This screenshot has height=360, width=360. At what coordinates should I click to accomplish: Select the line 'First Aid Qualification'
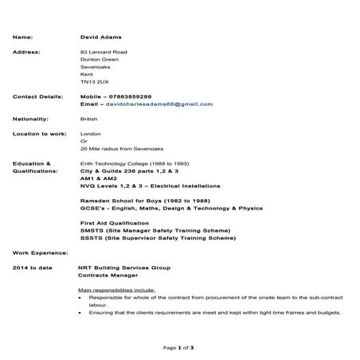click(x=115, y=222)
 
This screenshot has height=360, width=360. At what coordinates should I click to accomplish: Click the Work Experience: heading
click(x=41, y=252)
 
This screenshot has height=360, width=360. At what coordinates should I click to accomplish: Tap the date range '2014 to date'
click(x=33, y=267)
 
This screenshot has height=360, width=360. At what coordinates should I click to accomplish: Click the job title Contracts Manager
click(x=109, y=275)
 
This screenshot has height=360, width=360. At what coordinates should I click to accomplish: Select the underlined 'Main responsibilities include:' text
click(x=116, y=290)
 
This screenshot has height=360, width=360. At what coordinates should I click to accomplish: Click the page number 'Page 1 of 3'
click(x=179, y=348)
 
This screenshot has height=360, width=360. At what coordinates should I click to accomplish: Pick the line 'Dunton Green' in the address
click(x=99, y=60)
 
